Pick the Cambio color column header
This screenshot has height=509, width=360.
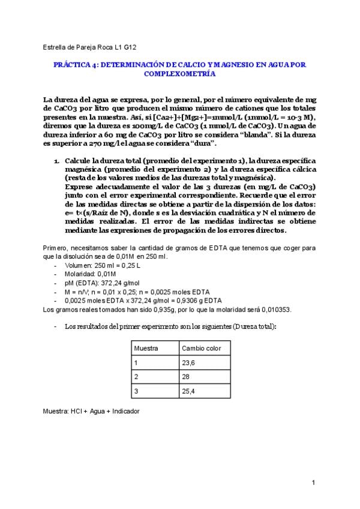[x=201, y=349]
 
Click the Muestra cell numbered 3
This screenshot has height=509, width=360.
[x=136, y=391]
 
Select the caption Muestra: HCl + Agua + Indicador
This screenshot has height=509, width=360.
[x=91, y=412]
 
